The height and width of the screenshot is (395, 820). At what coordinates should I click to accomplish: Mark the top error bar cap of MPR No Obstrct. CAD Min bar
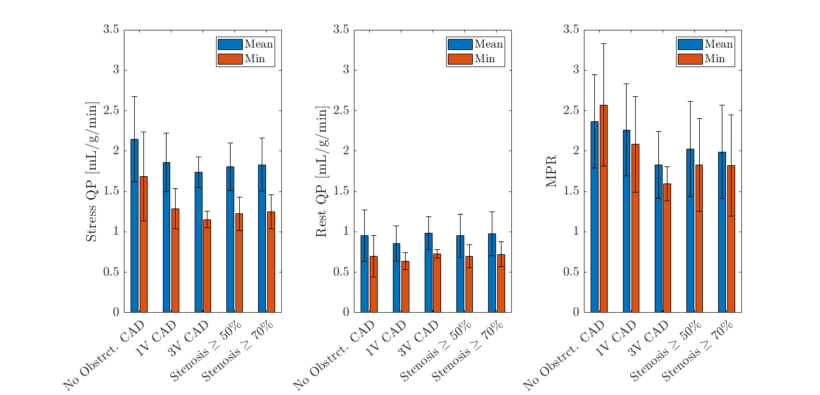tap(603, 43)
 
